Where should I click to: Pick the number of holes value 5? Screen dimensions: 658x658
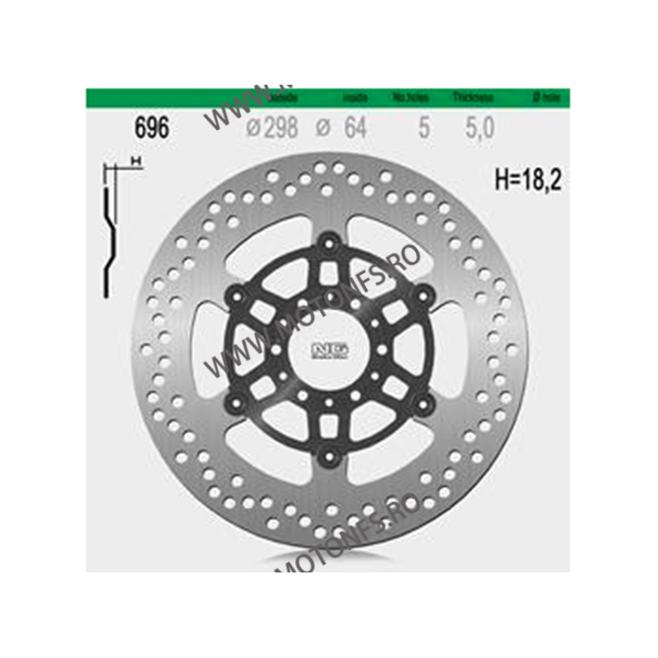point(424,128)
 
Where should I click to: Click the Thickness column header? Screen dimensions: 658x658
point(473,98)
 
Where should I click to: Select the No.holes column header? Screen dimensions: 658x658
point(411,98)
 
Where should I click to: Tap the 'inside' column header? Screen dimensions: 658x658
point(354,98)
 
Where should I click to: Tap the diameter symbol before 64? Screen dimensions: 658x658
point(323,129)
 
